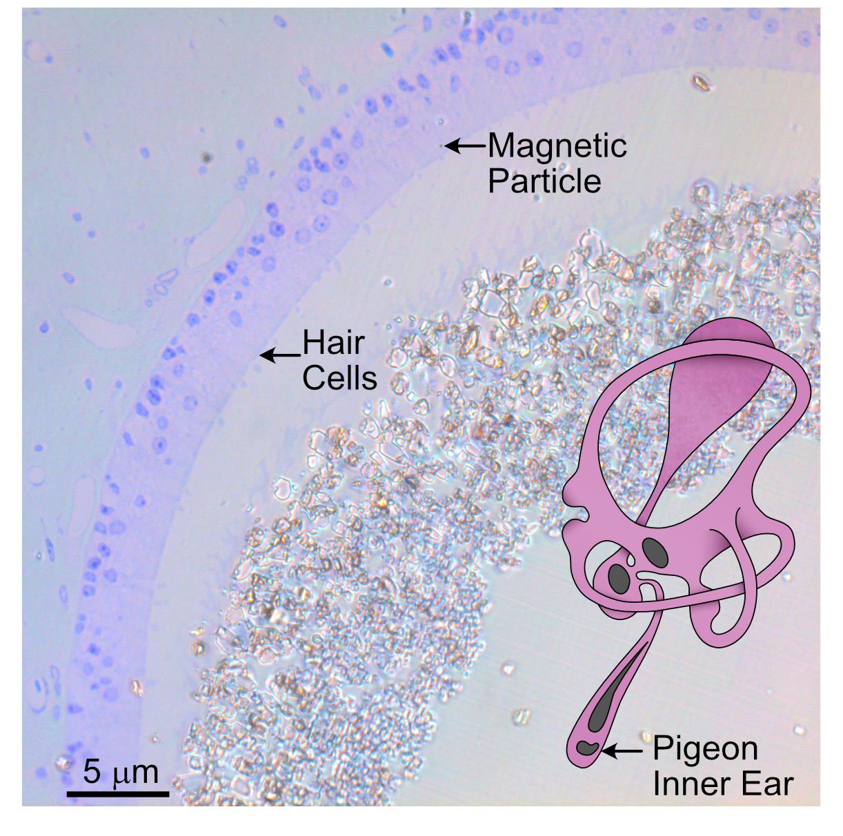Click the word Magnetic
tap(557, 146)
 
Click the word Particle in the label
tap(544, 181)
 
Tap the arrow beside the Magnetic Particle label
tap(466, 146)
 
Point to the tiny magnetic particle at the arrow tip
tap(444, 146)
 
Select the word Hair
tap(333, 343)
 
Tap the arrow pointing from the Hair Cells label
tap(279, 355)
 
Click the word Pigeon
tap(705, 748)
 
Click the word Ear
tap(768, 784)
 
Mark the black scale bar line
tap(118, 793)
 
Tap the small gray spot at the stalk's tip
tap(587, 747)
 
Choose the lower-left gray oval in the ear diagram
tap(620, 577)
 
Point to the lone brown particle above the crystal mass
tap(702, 83)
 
